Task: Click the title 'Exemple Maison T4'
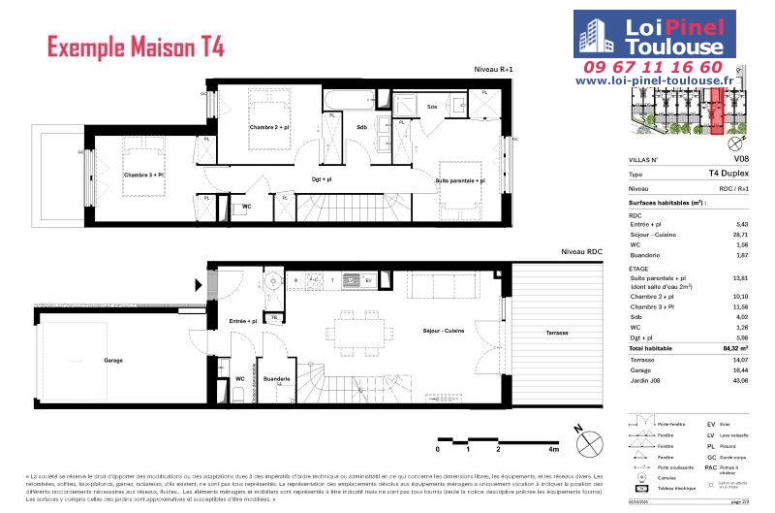tap(137, 45)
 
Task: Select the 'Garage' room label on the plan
tap(113, 360)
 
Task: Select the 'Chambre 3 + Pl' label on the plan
tap(143, 175)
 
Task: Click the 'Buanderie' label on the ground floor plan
tap(277, 379)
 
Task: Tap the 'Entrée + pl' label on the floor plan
tap(242, 320)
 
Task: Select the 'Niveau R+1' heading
tap(493, 69)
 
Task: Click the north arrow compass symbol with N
tap(583, 442)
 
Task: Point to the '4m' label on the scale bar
tap(553, 450)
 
